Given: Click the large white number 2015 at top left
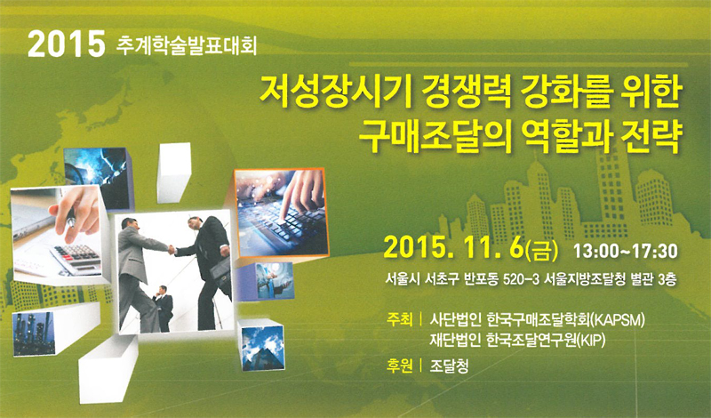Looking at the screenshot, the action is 66,44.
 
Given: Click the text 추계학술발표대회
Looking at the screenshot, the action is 187,45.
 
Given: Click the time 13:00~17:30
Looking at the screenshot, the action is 626,251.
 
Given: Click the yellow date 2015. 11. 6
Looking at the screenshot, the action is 453,250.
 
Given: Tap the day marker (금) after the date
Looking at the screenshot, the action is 541,251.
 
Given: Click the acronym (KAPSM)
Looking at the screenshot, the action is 617,320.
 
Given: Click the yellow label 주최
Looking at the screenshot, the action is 399,319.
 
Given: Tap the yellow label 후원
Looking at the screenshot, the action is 399,366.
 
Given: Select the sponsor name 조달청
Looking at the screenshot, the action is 449,366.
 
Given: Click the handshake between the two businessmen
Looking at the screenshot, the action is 172,250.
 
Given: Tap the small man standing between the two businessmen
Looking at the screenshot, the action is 163,308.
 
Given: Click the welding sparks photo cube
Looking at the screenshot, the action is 98,178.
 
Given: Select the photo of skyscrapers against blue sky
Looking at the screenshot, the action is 263,346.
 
